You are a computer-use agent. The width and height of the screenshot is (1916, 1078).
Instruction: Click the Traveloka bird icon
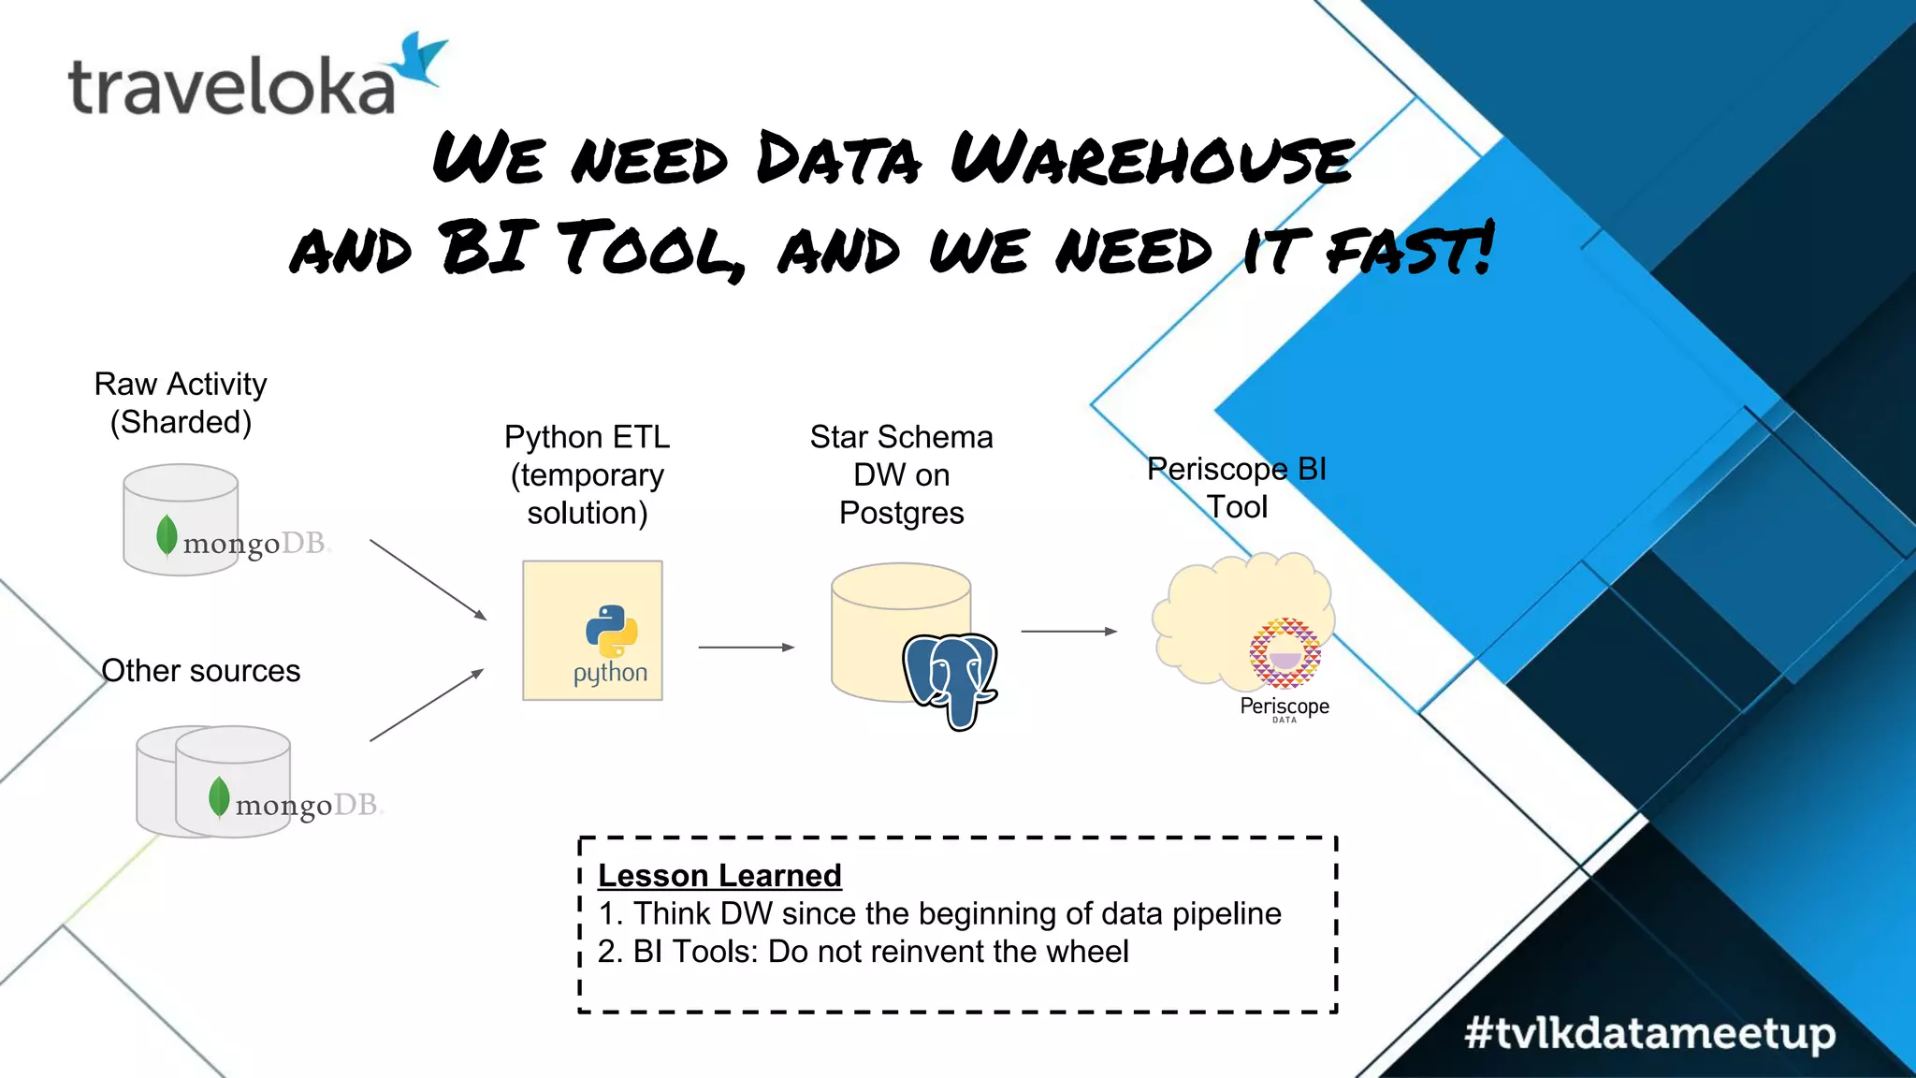(420, 60)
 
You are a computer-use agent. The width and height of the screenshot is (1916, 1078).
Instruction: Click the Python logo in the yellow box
(611, 631)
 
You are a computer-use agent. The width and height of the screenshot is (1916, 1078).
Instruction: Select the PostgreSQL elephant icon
(951, 679)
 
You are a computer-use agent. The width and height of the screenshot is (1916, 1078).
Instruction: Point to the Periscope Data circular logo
(1285, 653)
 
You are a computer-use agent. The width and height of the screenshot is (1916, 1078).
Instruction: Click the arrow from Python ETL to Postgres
(746, 647)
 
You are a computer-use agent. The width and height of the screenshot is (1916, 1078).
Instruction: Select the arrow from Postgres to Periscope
(1068, 632)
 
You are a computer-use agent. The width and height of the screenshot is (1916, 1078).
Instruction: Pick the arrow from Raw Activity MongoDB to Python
(428, 579)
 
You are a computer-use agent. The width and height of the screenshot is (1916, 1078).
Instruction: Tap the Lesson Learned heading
(719, 875)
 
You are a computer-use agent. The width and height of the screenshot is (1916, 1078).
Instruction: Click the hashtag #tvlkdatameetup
(1649, 1033)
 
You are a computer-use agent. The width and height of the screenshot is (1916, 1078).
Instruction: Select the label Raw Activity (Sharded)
(181, 403)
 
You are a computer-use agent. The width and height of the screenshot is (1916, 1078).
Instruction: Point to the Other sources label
(200, 671)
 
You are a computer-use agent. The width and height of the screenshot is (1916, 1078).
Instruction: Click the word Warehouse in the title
(1151, 159)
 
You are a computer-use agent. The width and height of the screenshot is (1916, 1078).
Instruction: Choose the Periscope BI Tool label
(1237, 488)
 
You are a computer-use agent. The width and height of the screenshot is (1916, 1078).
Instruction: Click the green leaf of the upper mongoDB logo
(167, 535)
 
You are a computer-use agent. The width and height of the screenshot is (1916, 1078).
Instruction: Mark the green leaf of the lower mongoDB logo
(219, 797)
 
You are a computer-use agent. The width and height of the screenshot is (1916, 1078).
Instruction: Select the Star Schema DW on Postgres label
(901, 474)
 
